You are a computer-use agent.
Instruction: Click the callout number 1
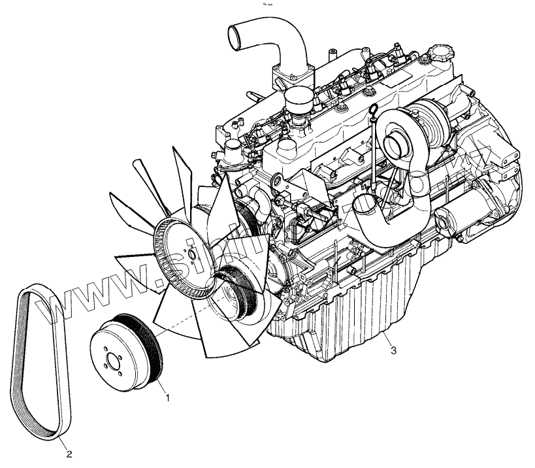click(169, 396)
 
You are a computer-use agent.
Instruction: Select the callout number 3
click(393, 350)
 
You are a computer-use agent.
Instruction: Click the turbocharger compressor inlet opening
click(396, 140)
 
